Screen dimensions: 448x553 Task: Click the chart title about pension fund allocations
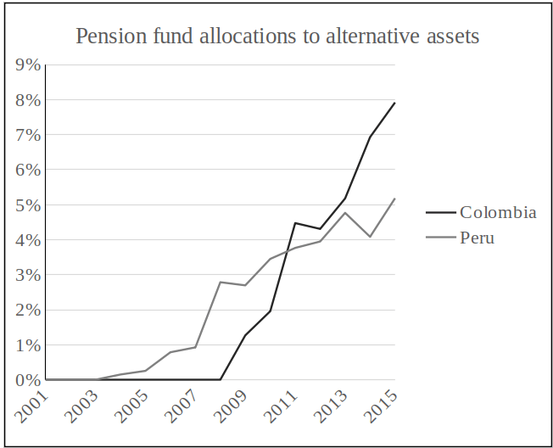click(277, 36)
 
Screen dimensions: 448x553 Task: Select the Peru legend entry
click(477, 238)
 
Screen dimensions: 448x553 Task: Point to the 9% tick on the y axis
click(28, 64)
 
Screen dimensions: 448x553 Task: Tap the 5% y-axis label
click(28, 205)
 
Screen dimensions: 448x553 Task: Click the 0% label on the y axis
click(28, 380)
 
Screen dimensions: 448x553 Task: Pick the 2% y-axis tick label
click(28, 311)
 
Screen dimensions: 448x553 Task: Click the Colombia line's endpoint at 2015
click(395, 103)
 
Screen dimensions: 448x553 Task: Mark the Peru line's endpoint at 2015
click(395, 199)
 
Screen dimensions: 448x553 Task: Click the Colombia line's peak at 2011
click(295, 223)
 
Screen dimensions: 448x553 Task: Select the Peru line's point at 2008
click(221, 282)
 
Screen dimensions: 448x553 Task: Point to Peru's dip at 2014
click(370, 237)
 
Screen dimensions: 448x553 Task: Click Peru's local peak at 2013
click(345, 212)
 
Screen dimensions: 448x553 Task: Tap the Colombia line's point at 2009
click(245, 335)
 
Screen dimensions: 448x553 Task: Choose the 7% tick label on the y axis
click(28, 135)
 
